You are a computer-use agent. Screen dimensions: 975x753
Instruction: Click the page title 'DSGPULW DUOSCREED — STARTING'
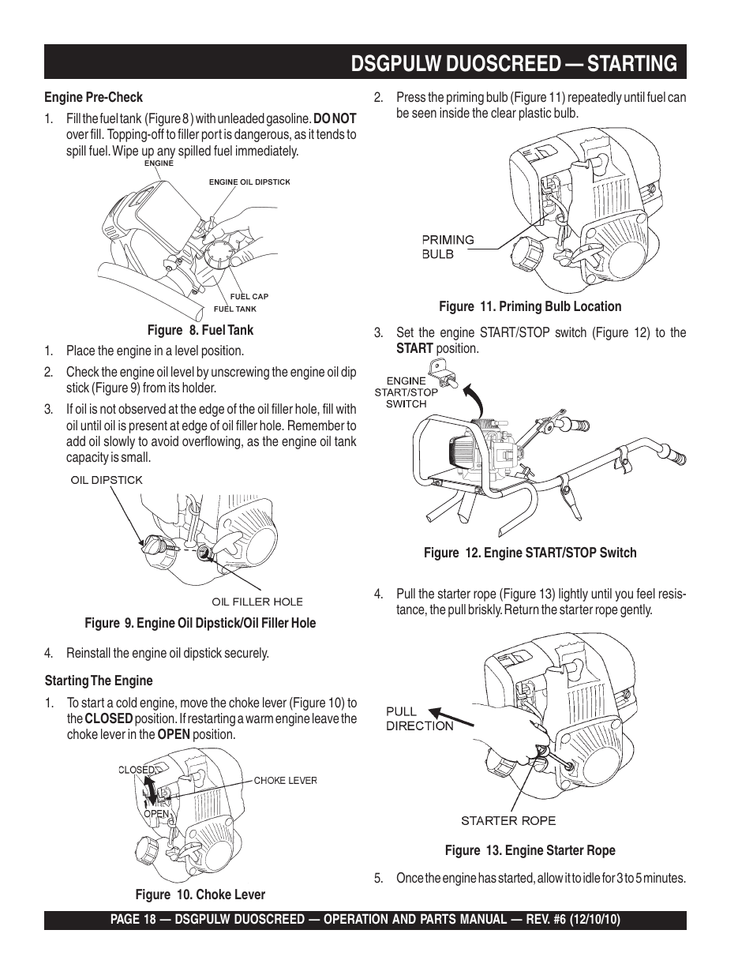tap(514, 63)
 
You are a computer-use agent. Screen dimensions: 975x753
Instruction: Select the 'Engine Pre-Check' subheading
tap(93, 97)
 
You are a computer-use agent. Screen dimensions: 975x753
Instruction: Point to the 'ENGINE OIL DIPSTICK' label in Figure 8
tap(249, 182)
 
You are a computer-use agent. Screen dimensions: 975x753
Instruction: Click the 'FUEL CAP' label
tap(249, 297)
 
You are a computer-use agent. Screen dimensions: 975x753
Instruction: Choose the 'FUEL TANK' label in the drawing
tap(235, 309)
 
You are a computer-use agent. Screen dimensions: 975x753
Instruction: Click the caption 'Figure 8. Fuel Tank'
tap(200, 330)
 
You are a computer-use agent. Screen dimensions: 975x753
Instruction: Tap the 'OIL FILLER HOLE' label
tap(257, 602)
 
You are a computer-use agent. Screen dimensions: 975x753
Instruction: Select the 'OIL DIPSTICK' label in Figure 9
tap(107, 480)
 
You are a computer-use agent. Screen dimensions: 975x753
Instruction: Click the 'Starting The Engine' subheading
tap(99, 681)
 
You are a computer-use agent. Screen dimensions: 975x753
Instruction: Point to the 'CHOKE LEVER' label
tap(285, 780)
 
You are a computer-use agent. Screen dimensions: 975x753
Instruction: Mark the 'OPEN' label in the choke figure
tap(156, 813)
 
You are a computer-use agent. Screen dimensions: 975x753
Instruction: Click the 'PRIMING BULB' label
tap(447, 246)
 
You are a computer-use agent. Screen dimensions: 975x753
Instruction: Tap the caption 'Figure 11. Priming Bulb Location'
tap(530, 306)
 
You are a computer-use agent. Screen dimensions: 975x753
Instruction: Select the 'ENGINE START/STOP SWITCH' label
tap(406, 392)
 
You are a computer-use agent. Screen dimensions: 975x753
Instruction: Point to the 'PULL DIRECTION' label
tap(419, 718)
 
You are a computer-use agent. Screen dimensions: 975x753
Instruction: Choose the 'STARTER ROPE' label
tap(508, 820)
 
